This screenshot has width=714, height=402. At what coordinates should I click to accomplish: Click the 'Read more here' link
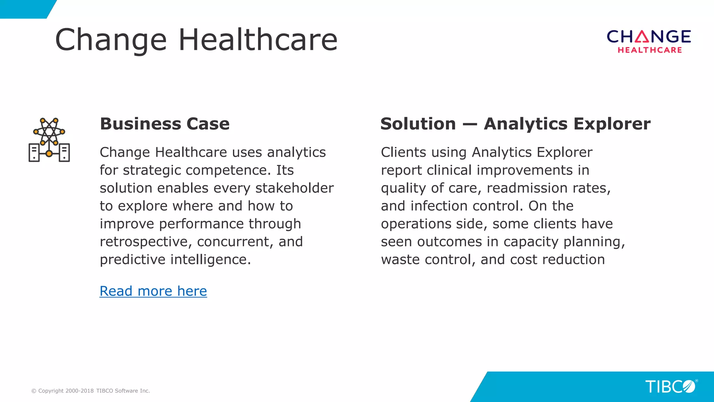153,291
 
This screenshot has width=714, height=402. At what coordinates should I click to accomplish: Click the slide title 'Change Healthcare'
196,40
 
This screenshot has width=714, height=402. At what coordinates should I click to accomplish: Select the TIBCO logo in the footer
670,387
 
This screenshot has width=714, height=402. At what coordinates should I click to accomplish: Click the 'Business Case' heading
165,124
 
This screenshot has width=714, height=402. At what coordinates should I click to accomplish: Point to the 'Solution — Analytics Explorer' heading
515,124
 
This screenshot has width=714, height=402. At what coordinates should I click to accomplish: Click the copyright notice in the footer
91,391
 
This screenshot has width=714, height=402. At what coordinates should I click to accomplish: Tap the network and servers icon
49,140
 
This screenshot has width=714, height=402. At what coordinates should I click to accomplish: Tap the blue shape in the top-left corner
24,9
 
